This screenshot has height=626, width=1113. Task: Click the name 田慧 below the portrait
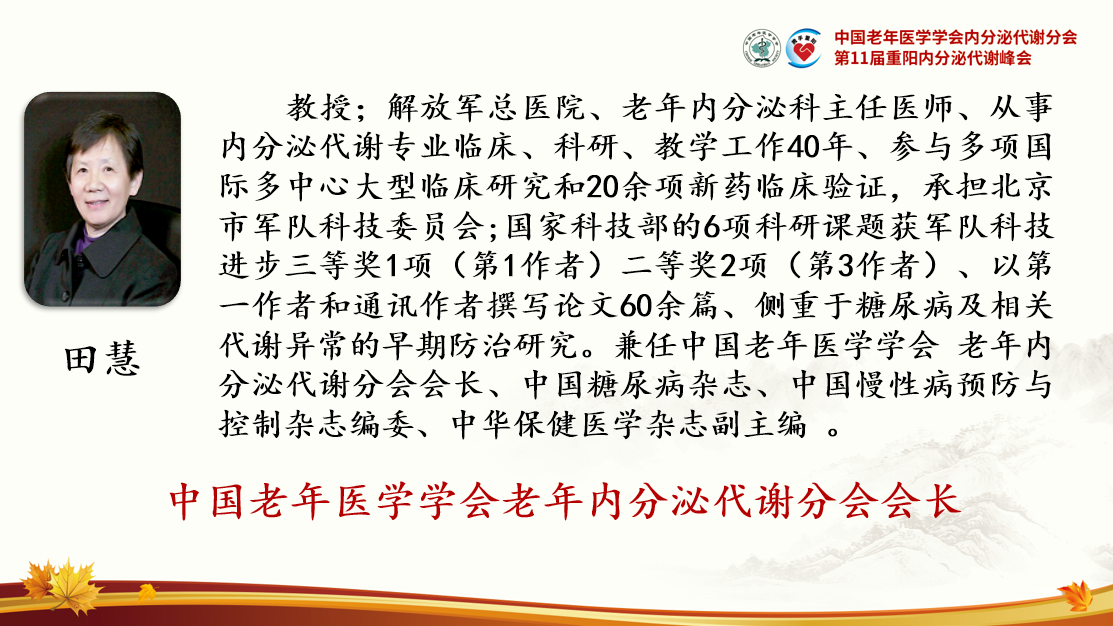(103, 359)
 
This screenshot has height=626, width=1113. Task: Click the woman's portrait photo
(102, 199)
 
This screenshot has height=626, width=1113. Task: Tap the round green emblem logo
(762, 48)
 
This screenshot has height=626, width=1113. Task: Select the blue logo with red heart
(804, 48)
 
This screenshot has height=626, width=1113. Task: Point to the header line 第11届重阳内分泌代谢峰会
(933, 58)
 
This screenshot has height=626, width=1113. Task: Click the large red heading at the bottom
(564, 501)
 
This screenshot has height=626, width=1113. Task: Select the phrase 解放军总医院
(486, 108)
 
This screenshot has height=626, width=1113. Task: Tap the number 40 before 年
(804, 148)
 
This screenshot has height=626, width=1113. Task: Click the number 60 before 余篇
(636, 306)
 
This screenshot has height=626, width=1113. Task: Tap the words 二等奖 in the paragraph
(669, 266)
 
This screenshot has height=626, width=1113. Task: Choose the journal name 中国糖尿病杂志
(637, 385)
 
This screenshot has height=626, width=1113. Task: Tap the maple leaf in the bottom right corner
(1076, 595)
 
